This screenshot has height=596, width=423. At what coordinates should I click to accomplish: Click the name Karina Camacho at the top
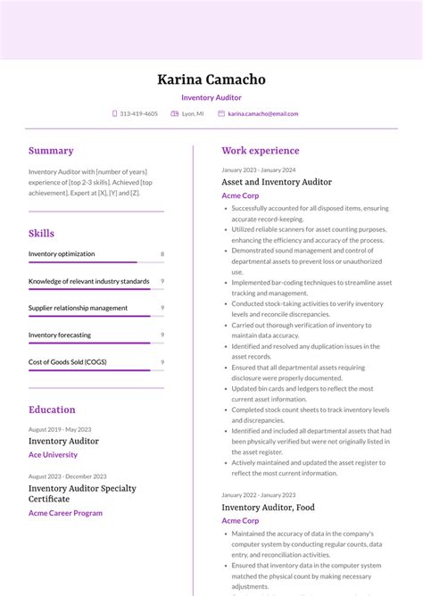(211, 79)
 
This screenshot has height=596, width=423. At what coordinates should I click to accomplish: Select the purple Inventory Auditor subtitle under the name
(211, 98)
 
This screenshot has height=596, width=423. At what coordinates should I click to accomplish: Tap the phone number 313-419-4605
(138, 114)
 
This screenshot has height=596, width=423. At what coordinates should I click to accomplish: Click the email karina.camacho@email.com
(262, 114)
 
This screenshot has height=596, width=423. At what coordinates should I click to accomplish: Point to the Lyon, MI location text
(193, 114)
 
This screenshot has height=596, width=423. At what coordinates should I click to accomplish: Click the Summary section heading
(51, 151)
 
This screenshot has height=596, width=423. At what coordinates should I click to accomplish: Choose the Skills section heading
(41, 234)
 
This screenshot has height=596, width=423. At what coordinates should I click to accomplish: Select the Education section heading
(52, 410)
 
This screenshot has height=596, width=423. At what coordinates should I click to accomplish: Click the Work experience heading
(261, 151)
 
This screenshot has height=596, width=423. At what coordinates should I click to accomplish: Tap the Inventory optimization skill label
(62, 254)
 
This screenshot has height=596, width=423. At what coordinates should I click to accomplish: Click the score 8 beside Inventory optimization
(162, 254)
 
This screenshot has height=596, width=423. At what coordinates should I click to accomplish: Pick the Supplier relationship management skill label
(78, 308)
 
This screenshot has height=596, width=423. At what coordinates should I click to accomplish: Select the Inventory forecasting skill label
(60, 335)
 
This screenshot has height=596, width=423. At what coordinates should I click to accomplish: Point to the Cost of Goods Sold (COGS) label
(67, 362)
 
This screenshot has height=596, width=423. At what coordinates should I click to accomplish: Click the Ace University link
(53, 455)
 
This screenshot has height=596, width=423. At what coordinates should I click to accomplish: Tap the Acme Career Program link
(65, 513)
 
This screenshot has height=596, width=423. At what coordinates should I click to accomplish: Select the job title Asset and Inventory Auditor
(277, 182)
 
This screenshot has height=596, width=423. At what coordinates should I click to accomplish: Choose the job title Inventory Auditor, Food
(268, 508)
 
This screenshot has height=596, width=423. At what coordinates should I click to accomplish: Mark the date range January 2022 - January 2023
(259, 494)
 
